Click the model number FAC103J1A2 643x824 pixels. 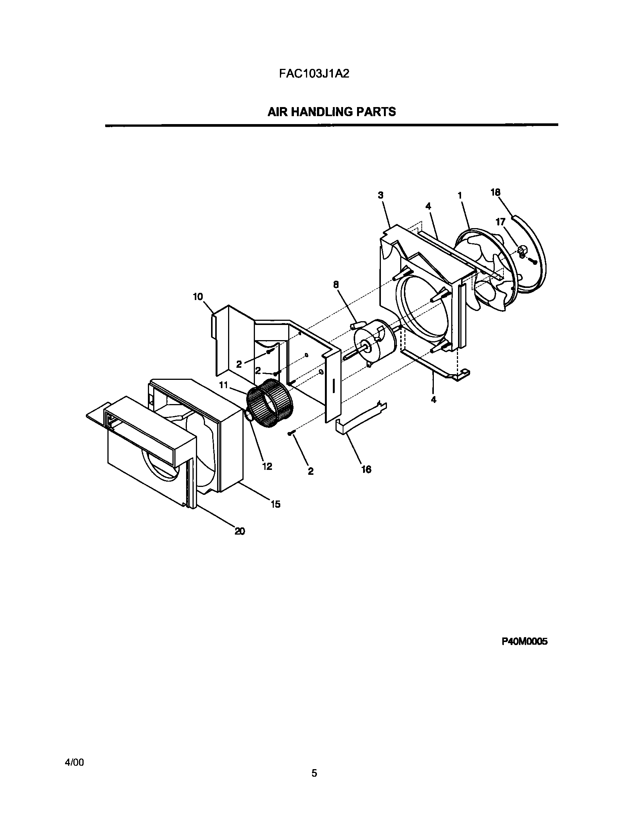314,73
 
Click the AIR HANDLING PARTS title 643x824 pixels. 332,112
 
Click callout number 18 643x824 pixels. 495,193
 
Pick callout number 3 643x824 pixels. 381,195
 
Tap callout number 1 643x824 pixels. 460,196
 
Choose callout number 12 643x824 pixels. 267,466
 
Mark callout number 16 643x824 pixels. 366,470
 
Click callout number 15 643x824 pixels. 275,504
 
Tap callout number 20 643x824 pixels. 239,531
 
